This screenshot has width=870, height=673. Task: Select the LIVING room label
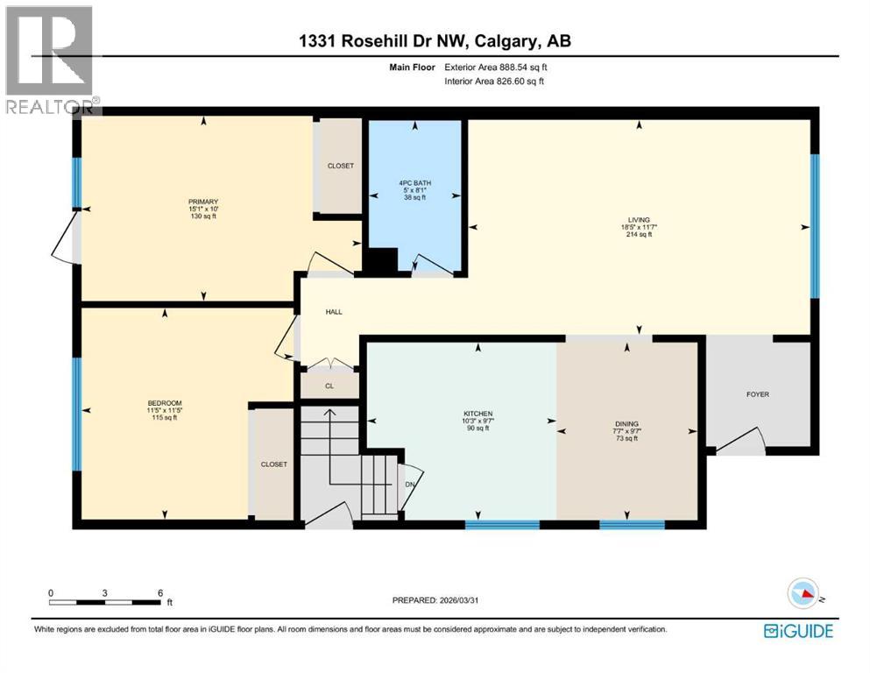(x=639, y=220)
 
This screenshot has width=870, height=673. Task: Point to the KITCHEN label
(x=478, y=414)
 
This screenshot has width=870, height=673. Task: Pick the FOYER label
(x=758, y=394)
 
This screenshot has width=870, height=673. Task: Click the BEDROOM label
(x=163, y=404)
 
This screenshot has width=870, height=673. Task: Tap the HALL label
(x=334, y=311)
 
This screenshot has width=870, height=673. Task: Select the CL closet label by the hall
(x=329, y=385)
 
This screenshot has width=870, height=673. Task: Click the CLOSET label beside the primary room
(x=340, y=166)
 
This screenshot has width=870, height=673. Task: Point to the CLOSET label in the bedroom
(x=273, y=464)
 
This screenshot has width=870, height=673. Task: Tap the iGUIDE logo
(x=798, y=631)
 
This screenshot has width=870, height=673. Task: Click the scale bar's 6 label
(x=159, y=592)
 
